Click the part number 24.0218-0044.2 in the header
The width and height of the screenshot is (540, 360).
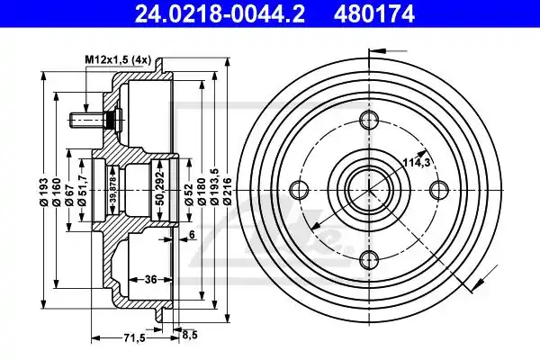(220, 14)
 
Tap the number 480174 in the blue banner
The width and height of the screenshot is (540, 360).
(373, 14)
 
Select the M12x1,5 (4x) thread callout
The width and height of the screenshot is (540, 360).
(118, 60)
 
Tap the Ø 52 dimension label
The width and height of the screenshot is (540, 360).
(188, 193)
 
